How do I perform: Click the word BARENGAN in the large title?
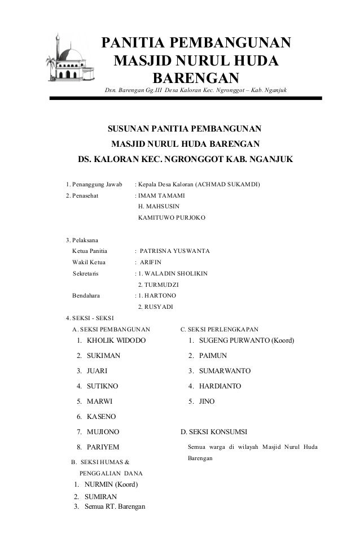click(196, 77)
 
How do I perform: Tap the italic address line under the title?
click(195, 91)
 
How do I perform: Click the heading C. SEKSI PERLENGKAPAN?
click(218, 329)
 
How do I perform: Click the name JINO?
click(207, 402)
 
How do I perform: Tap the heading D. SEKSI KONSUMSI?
click(213, 432)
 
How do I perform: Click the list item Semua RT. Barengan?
click(113, 506)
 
